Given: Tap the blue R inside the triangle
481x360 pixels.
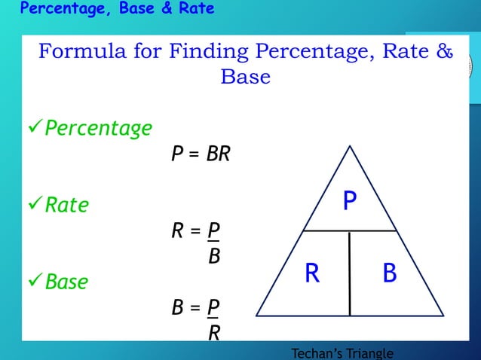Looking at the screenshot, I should click(x=312, y=273).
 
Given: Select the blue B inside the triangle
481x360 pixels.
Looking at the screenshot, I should click(x=389, y=273).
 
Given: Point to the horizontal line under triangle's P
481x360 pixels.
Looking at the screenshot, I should click(x=350, y=230).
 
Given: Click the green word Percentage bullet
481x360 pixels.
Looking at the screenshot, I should click(x=98, y=128).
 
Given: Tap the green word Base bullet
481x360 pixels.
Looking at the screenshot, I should click(x=66, y=282).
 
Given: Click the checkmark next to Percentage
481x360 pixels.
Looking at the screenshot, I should click(x=35, y=128).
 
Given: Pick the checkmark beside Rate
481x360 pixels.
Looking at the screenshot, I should click(x=35, y=205).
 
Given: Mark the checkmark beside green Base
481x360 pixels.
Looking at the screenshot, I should click(x=35, y=282).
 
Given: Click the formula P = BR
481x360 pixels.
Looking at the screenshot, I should click(x=200, y=154).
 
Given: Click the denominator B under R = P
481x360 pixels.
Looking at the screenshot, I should click(x=214, y=256).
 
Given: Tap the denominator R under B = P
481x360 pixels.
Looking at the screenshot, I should click(x=214, y=332).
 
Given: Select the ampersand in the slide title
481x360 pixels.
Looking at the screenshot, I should click(x=444, y=53).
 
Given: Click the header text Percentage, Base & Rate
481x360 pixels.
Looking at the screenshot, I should click(x=117, y=9).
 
